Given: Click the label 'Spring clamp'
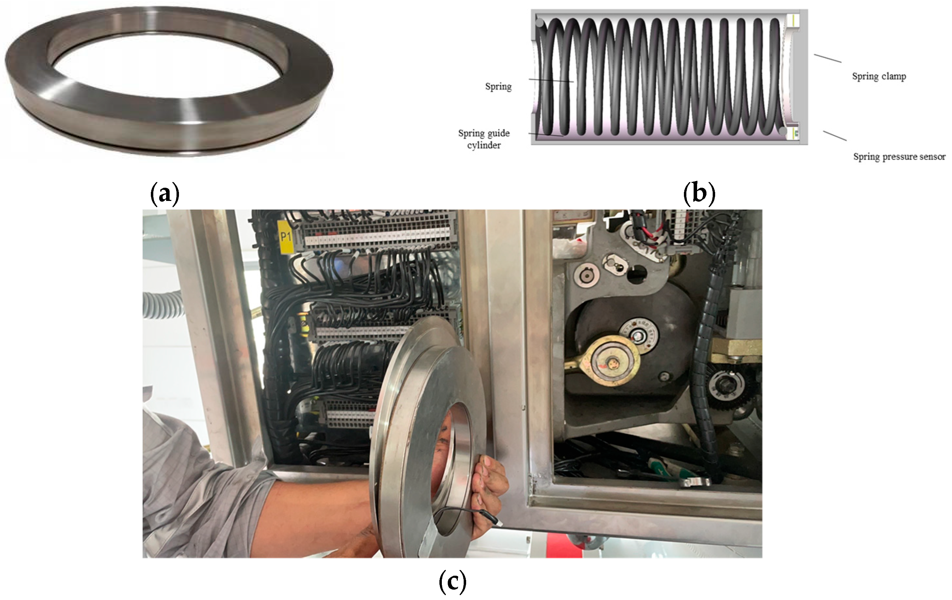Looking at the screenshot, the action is (x=879, y=77).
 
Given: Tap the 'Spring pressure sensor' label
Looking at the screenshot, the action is (x=899, y=157).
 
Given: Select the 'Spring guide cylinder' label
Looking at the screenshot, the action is (x=484, y=139).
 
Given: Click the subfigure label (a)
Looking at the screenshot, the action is (x=165, y=194).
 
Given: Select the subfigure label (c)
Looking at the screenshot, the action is (x=453, y=581).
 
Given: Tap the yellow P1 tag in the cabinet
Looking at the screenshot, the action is (x=285, y=237).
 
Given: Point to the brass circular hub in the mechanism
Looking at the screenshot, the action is (x=613, y=360).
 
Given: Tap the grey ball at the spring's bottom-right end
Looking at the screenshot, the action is (x=783, y=130).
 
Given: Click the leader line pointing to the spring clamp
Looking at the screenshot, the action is (x=827, y=58).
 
